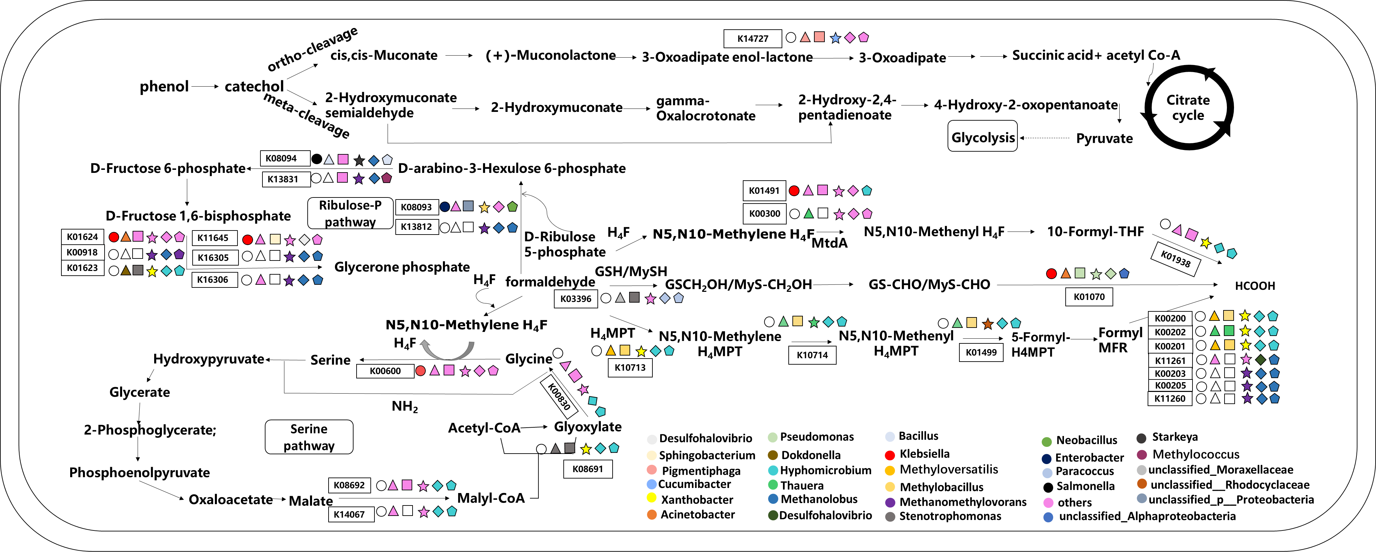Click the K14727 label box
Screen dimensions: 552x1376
(752, 38)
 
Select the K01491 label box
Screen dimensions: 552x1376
(764, 191)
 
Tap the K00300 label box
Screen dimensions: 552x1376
(764, 214)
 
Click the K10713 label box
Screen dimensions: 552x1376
(630, 367)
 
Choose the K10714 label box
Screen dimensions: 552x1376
(812, 355)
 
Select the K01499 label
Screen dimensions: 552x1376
(981, 352)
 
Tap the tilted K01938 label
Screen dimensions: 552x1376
(1175, 259)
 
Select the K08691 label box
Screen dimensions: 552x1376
(588, 469)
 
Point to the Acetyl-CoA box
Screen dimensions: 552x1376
(484, 428)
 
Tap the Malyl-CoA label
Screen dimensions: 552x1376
(491, 498)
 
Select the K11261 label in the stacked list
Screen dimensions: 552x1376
(1170, 360)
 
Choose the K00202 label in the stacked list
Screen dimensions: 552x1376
(1170, 332)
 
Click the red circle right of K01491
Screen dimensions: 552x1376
(794, 191)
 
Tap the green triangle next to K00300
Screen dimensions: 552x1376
(809, 214)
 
